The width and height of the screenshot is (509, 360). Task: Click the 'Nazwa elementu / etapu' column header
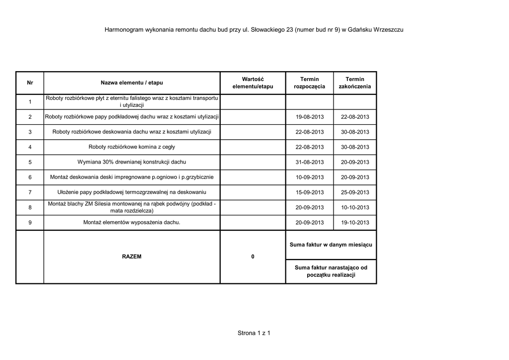point(132,83)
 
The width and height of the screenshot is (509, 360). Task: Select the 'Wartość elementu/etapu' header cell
point(253,83)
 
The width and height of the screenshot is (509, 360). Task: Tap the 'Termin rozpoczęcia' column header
point(309,83)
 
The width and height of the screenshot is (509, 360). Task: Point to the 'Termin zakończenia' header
point(355,83)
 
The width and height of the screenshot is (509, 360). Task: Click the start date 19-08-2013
point(309,117)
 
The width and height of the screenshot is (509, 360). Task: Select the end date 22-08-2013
point(355,117)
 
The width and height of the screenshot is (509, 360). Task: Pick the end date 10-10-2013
point(355,207)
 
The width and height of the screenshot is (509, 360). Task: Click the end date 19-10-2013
point(355,223)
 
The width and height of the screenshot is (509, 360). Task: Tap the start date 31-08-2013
point(309,162)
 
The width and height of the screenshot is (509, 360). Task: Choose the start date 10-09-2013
point(309,178)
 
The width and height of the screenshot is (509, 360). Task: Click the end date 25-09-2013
point(355,192)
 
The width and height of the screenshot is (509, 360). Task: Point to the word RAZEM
point(132,257)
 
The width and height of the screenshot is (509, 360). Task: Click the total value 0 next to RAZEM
point(253,257)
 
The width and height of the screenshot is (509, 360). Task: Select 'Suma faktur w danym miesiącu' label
point(331,245)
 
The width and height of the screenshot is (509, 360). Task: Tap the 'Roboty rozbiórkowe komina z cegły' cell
point(132,147)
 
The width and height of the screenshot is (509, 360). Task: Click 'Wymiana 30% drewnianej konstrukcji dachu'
point(132,162)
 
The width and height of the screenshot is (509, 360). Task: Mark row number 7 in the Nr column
point(30,192)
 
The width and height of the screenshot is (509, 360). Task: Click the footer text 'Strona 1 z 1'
point(254,333)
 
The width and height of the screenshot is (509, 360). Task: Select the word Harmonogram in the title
point(124,30)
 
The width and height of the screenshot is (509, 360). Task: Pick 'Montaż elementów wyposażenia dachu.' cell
point(132,222)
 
